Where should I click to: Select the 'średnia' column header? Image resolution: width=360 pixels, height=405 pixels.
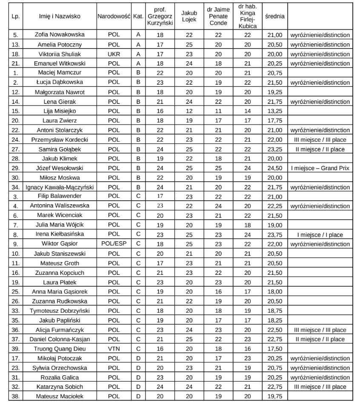coord(274,17)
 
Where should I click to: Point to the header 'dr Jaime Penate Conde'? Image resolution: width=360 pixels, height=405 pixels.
coord(218,17)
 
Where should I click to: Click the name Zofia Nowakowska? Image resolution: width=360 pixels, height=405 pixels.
coord(60,35)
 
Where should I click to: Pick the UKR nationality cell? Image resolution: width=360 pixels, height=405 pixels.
coord(114,54)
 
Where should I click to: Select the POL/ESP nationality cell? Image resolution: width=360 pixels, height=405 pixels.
coord(114,244)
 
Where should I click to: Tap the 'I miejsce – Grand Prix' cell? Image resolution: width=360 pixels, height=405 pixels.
coord(320,168)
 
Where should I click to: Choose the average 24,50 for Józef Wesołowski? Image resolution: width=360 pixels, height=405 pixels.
coord(274,168)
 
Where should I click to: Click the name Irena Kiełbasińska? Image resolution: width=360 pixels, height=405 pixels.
coord(60,234)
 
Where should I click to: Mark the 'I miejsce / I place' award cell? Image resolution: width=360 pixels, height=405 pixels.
coord(320,234)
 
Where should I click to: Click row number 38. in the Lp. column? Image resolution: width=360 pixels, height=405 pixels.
coord(15,396)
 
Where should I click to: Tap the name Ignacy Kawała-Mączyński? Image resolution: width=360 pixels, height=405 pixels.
coord(60,187)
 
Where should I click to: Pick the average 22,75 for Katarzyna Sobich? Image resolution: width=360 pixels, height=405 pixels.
coord(274,387)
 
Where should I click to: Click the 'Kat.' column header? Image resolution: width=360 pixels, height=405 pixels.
coord(138,17)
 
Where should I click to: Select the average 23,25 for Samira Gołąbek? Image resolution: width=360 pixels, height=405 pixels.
coord(274,149)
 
